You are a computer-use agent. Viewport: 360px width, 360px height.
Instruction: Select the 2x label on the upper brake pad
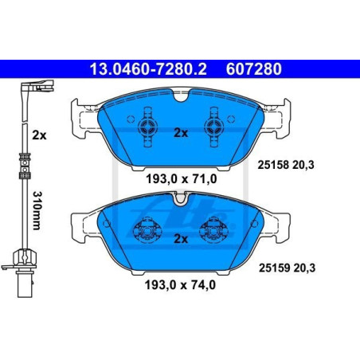point(180,134)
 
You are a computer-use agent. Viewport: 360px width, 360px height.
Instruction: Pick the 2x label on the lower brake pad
point(180,238)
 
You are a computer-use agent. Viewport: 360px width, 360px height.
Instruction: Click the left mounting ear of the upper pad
point(79,118)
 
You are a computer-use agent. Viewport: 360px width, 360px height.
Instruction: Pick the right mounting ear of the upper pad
point(281,118)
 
